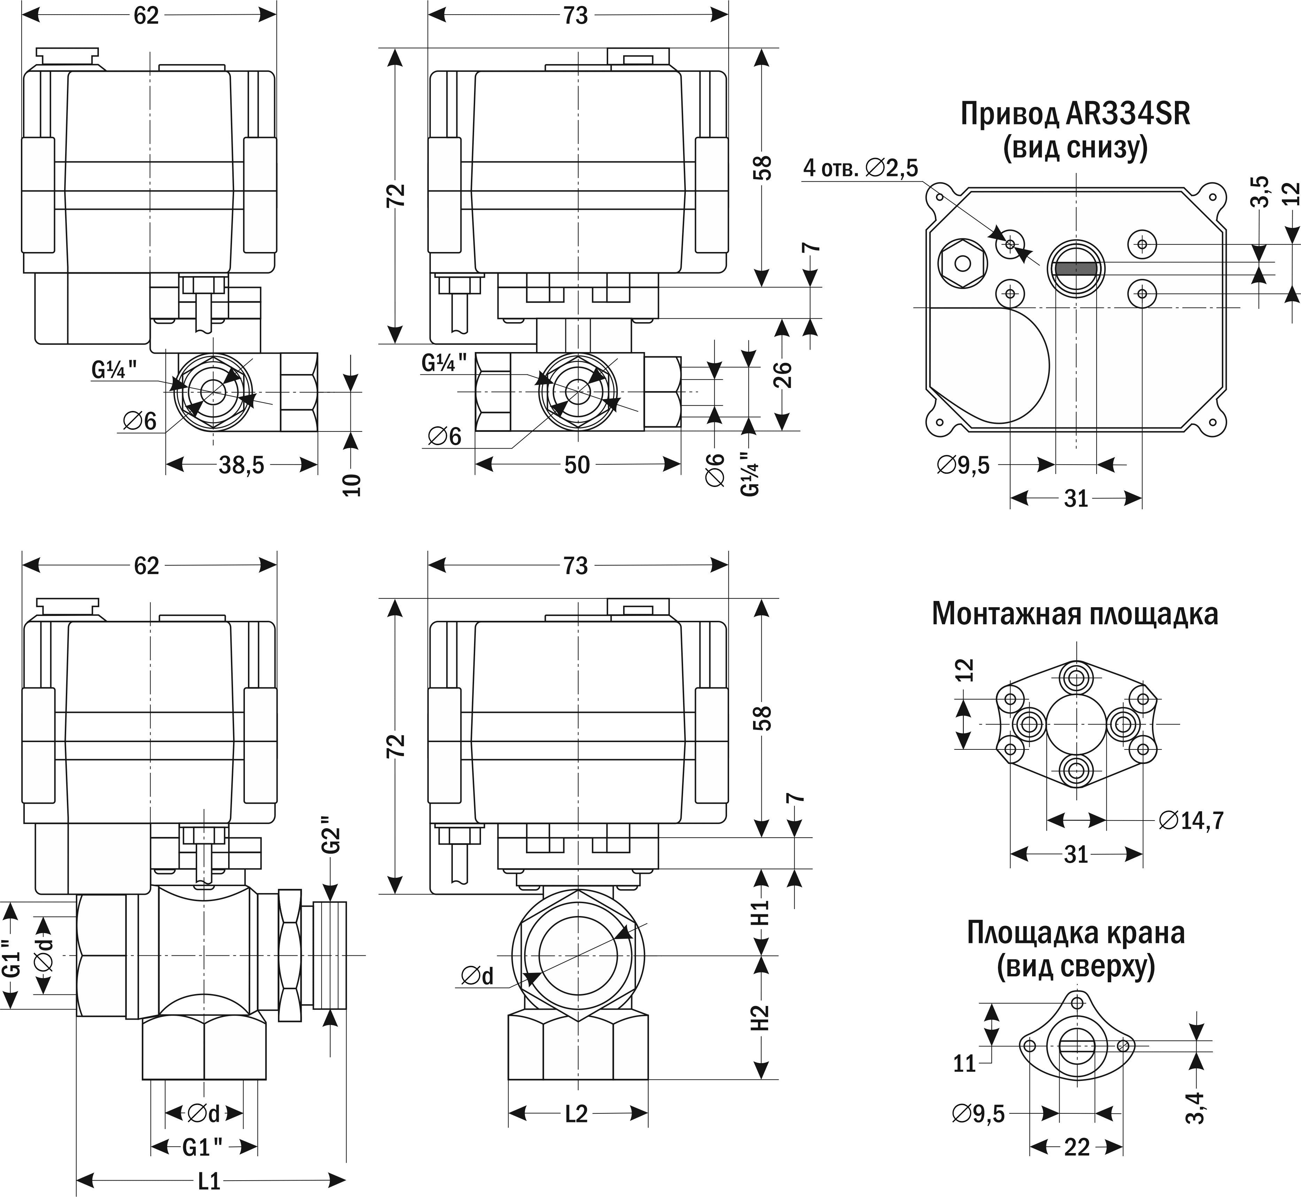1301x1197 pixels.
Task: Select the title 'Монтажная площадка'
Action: click(1075, 614)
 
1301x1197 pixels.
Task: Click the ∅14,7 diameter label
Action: click(1191, 821)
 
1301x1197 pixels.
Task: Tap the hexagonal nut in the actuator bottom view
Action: click(962, 263)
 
